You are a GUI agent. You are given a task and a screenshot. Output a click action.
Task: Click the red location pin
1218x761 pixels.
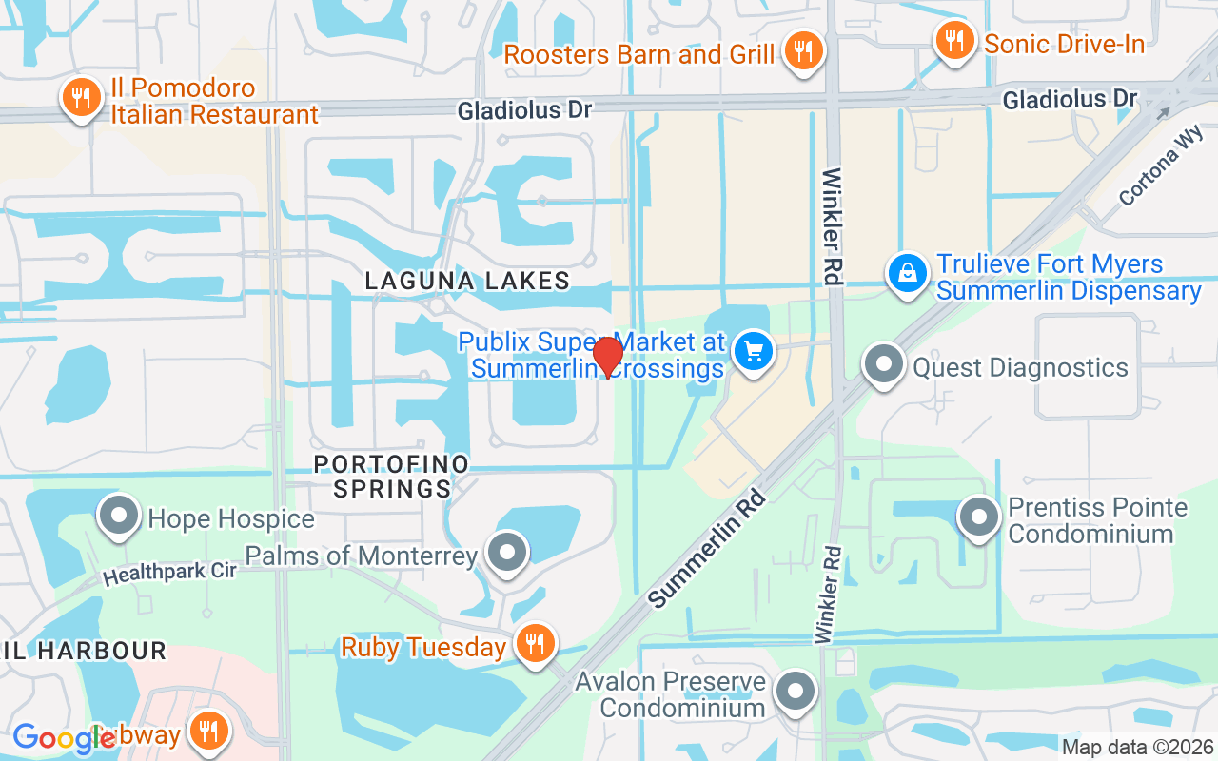607,357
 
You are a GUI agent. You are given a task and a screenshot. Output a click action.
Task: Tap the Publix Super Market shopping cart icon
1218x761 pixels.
754,352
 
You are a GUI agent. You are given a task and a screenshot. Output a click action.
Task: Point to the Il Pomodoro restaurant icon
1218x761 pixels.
82,97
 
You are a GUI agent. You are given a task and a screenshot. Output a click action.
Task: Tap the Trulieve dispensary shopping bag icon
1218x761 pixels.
909,274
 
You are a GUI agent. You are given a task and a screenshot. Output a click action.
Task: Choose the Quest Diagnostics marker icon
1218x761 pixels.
885,364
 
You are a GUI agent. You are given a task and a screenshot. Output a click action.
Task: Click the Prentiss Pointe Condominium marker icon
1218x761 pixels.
979,518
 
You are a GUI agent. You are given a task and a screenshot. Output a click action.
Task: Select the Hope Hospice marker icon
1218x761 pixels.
119,517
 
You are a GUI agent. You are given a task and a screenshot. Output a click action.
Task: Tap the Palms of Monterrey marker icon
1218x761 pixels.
506,552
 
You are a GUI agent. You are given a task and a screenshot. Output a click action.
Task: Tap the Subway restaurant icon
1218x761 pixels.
206,731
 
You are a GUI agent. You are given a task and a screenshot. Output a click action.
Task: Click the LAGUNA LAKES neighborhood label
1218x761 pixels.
468,281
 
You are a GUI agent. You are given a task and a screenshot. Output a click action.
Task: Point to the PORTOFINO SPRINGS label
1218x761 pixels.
392,477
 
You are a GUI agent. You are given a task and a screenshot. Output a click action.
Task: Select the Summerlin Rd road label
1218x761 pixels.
707,548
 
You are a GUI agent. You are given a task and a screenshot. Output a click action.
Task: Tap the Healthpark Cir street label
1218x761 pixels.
169,569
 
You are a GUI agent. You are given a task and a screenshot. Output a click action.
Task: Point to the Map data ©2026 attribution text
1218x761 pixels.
1136,748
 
